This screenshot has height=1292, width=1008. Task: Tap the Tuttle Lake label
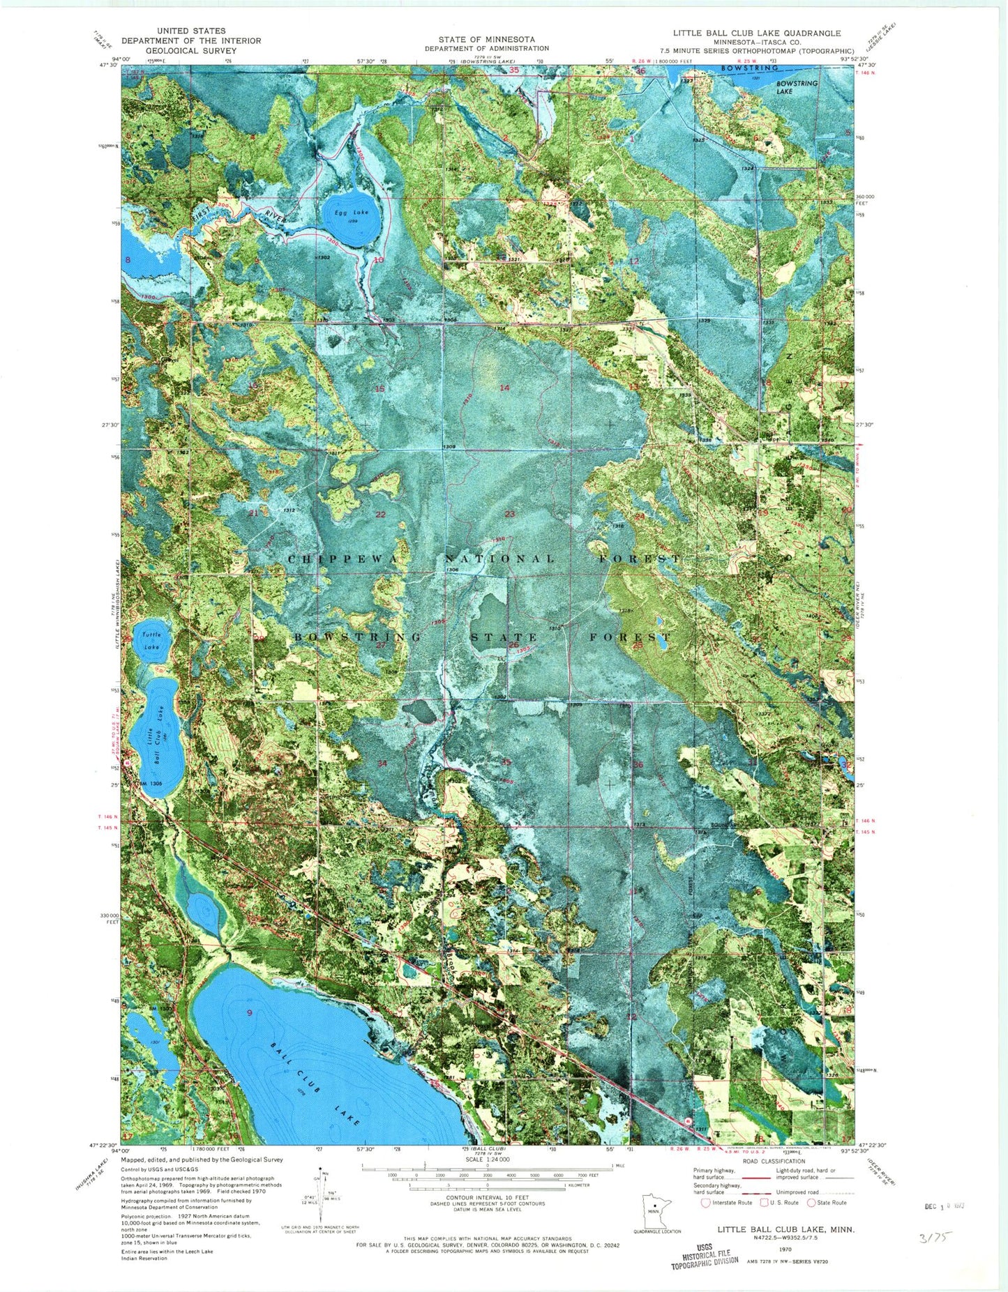pos(151,640)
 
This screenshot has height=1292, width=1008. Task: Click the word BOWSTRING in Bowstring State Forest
pos(358,637)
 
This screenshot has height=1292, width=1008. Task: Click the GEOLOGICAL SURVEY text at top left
pos(190,50)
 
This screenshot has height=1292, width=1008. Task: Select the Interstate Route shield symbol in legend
pos(706,1202)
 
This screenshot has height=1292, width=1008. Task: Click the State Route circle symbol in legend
pos(811,1202)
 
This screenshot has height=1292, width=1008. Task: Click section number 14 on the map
pos(504,387)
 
